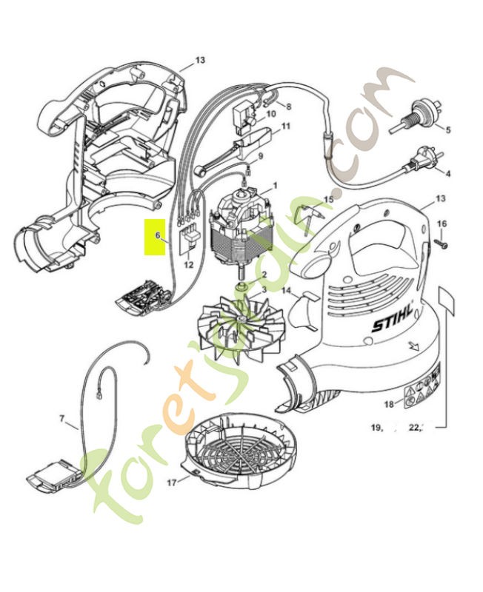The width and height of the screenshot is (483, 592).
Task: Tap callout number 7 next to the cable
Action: pyautogui.click(x=62, y=419)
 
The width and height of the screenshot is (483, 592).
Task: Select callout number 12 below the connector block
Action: pyautogui.click(x=188, y=264)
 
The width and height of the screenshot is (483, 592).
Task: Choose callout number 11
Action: pyautogui.click(x=286, y=127)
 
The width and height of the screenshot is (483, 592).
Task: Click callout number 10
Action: pyautogui.click(x=270, y=114)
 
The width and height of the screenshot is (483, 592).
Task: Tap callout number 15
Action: pyautogui.click(x=328, y=200)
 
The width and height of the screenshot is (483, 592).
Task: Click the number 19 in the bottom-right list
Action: pyautogui.click(x=377, y=427)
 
